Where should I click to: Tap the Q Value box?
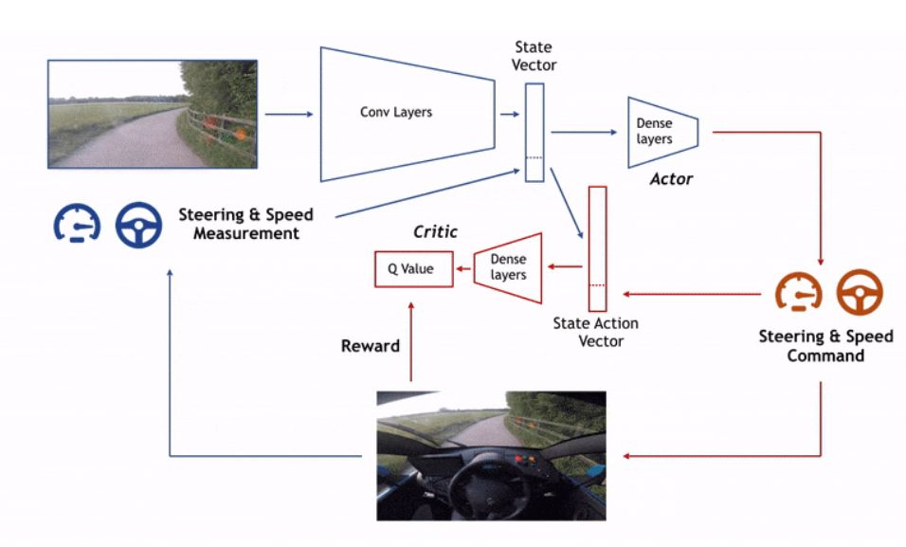tap(410, 269)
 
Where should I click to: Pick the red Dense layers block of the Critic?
tap(507, 268)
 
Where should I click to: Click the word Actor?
tap(671, 179)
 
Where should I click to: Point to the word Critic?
tap(436, 232)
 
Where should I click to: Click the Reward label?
tap(371, 346)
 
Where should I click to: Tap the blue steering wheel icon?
tap(138, 224)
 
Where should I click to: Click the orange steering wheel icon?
tap(860, 293)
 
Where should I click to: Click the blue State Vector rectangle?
tap(535, 132)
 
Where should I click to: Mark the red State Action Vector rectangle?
tap(597, 248)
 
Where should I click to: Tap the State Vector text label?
tap(535, 56)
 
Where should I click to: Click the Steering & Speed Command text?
tap(825, 346)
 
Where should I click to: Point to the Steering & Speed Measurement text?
tap(245, 224)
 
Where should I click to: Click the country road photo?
tap(152, 114)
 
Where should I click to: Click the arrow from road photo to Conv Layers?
tap(288, 115)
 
